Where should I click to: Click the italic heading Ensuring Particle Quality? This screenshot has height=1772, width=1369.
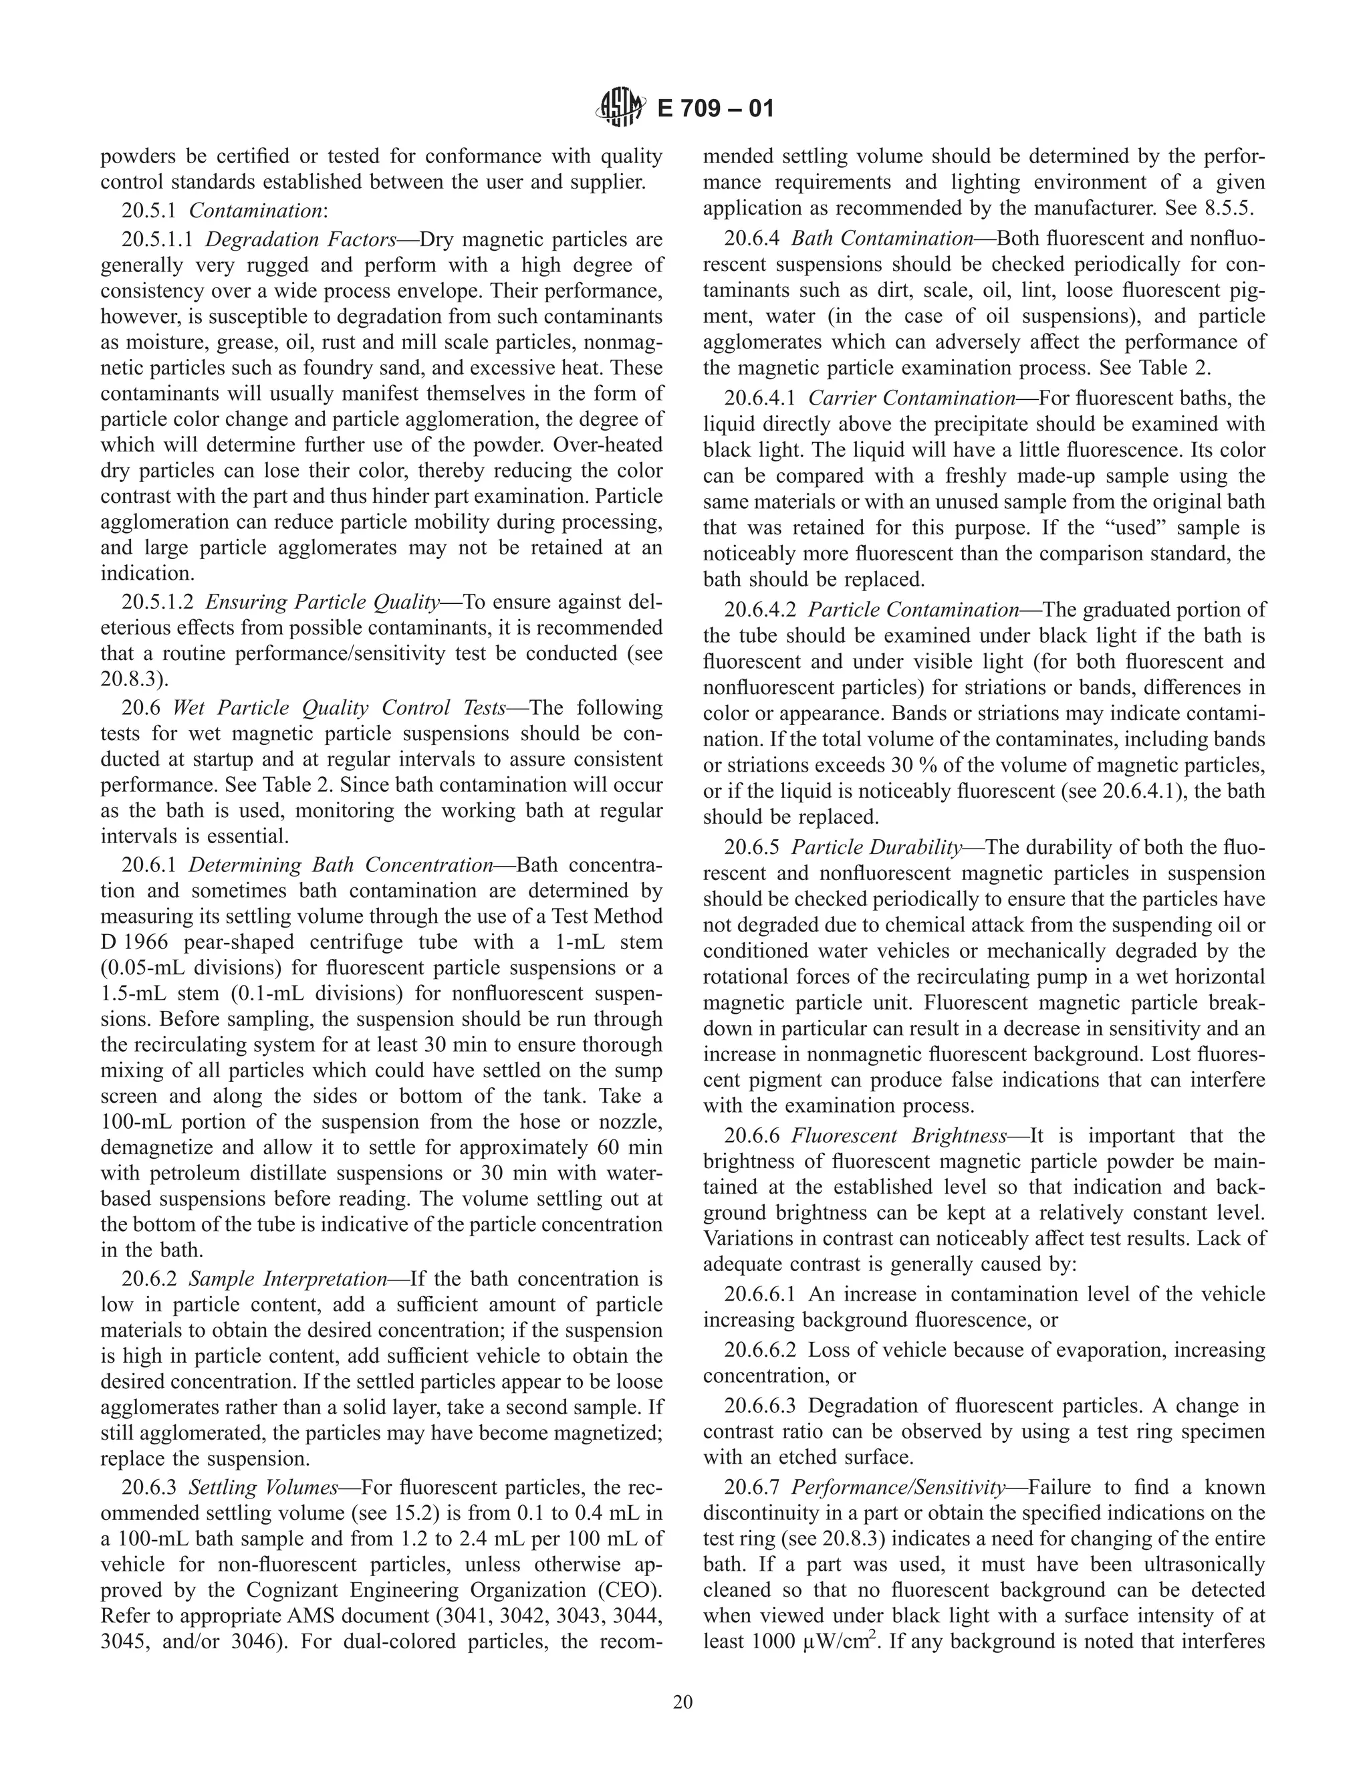click(x=322, y=602)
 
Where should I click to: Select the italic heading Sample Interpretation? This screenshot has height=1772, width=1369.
click(x=287, y=1279)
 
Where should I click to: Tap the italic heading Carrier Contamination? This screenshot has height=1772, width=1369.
click(x=912, y=399)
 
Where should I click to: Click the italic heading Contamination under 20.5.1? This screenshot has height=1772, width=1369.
click(x=255, y=211)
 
